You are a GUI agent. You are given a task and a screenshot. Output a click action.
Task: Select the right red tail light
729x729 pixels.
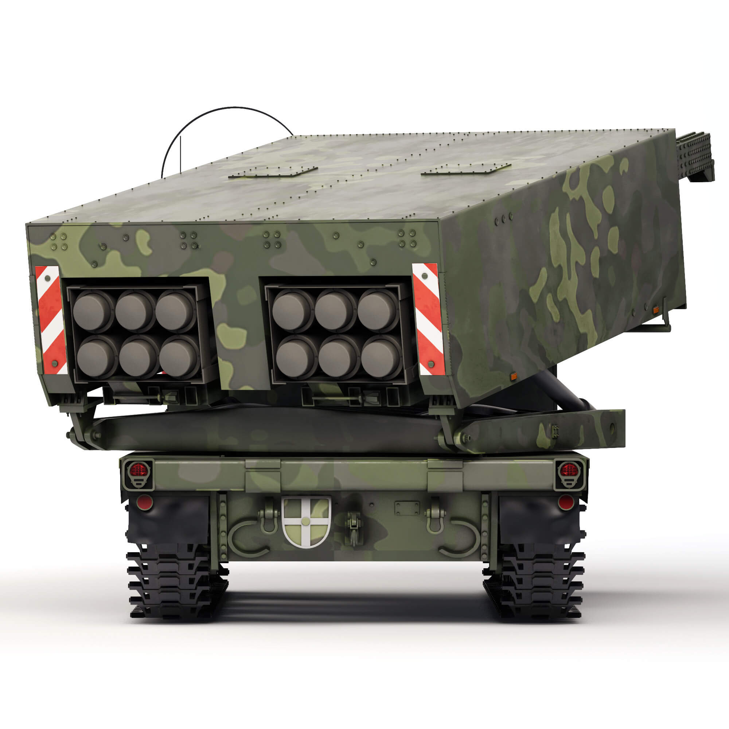569,470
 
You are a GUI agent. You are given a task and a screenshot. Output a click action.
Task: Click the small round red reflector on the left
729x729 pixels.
144,502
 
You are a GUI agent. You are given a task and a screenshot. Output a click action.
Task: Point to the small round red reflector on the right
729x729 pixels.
565,502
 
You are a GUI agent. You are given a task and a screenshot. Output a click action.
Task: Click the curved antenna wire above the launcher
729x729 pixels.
226,109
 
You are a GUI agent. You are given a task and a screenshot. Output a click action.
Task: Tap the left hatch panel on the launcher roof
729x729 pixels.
273,172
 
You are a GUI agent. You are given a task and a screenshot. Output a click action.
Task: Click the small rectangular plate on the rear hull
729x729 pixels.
407,508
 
